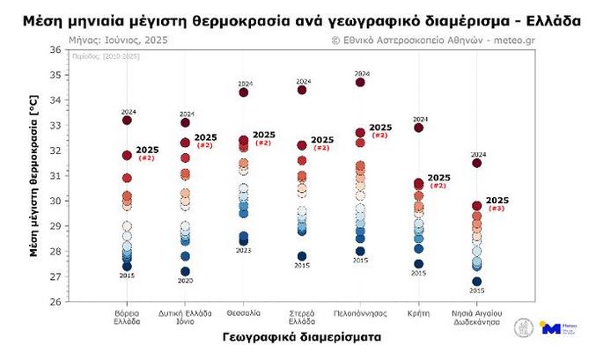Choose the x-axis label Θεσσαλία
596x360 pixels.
tap(243, 312)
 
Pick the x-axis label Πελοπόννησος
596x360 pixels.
tap(360, 312)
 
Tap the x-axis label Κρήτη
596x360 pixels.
tap(418, 312)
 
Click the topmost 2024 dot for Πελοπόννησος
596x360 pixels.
tap(360, 83)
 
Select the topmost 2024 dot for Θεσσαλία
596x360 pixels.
tap(244, 92)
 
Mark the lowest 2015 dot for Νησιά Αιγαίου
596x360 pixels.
tap(477, 282)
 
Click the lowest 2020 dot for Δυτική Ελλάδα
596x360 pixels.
tap(185, 271)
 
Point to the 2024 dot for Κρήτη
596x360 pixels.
tap(419, 128)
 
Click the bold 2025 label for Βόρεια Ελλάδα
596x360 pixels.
tap(147, 151)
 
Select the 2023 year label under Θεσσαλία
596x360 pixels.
tap(244, 250)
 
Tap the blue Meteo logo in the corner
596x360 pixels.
tap(552, 327)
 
